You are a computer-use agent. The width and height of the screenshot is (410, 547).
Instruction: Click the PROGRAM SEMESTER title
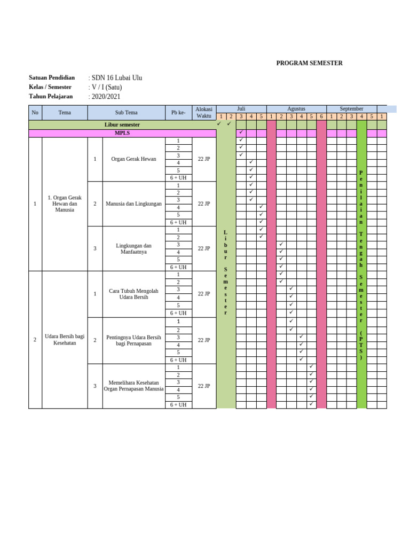click(309, 63)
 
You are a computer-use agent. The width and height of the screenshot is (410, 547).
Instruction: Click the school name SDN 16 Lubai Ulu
click(116, 78)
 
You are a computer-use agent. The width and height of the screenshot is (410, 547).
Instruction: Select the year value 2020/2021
click(105, 97)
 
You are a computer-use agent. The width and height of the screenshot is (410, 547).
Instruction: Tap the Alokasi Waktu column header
click(203, 112)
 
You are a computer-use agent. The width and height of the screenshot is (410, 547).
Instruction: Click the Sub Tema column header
click(126, 113)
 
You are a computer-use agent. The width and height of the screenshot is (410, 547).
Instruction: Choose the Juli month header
click(241, 108)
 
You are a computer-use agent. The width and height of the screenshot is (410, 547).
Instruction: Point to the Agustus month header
click(296, 108)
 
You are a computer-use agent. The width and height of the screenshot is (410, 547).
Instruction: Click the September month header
click(351, 108)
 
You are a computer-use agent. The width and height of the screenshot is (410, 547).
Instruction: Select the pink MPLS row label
click(122, 133)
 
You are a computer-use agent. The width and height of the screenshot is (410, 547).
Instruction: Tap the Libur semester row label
click(122, 124)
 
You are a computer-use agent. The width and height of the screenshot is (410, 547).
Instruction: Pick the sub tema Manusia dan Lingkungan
click(133, 204)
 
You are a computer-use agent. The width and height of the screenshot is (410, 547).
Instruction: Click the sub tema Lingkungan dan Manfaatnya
click(133, 248)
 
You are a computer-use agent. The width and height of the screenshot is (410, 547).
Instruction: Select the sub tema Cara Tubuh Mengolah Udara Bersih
click(133, 294)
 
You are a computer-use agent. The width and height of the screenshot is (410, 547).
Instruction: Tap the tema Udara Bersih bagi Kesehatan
click(65, 340)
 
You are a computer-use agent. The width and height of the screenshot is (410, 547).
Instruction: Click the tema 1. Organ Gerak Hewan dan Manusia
click(65, 204)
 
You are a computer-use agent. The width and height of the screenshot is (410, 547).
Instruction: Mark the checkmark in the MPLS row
click(241, 132)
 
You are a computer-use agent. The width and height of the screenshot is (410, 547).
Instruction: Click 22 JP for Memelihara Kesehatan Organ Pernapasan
click(203, 386)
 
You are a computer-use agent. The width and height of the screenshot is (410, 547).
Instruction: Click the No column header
click(35, 113)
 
